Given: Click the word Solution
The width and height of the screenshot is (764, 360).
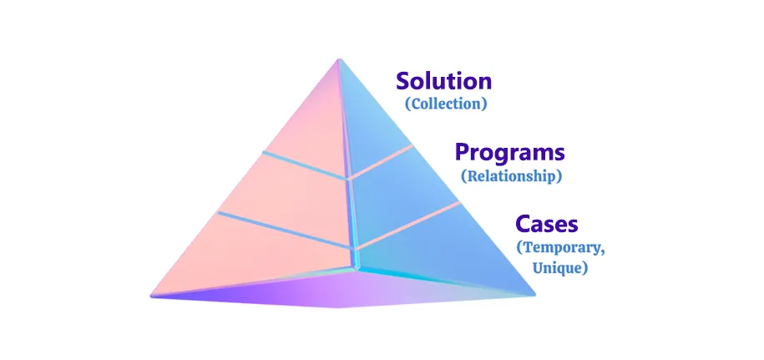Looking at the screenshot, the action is tap(444, 81).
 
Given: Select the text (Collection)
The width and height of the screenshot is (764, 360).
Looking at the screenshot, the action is tap(446, 104).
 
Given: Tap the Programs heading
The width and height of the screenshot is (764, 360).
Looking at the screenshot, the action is tap(510, 154).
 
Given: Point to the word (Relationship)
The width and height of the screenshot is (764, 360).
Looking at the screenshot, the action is tap(511, 176).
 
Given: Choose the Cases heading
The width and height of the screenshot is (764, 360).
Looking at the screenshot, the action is tap(547, 225).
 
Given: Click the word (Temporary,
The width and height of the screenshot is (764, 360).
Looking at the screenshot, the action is tap(561, 247).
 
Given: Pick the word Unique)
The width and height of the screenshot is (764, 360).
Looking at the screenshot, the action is tap(559, 268).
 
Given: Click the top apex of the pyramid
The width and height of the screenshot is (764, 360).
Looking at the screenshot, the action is tap(339, 59).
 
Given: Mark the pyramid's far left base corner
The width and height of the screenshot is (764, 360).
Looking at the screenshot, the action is tap(152, 295).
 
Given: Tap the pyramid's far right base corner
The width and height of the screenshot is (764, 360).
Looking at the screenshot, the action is tap(534, 294).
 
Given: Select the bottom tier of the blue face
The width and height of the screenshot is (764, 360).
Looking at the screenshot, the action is tap(438, 253).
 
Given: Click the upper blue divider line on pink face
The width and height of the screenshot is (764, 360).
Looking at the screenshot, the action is tap(305, 165).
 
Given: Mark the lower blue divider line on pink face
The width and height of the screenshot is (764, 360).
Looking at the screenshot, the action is tap(285, 230).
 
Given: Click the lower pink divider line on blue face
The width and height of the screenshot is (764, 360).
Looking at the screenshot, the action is tap(407, 226).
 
